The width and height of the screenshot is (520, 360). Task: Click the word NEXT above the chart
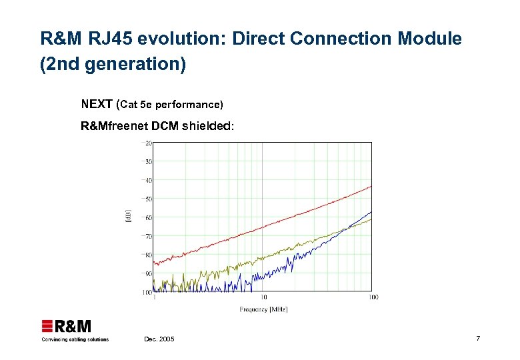[97, 104]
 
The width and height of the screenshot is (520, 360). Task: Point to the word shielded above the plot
[206, 126]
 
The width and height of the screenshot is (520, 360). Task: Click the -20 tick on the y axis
[147, 143]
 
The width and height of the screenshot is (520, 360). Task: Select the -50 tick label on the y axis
[147, 199]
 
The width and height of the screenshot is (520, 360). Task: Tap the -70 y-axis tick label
[147, 236]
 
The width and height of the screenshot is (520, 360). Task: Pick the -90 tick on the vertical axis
[147, 273]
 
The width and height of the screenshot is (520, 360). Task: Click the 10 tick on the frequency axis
[263, 297]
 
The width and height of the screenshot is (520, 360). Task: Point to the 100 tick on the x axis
[373, 297]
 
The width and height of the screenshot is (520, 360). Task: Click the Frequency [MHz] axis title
[263, 309]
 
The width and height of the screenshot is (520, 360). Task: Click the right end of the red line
[371, 186]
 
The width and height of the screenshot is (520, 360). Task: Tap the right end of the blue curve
[371, 211]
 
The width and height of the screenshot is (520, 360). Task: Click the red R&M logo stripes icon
[47, 327]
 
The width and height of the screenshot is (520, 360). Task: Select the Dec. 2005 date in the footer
[159, 340]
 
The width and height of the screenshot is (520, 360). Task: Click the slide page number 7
[478, 339]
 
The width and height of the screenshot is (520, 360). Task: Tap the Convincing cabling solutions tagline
[75, 339]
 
